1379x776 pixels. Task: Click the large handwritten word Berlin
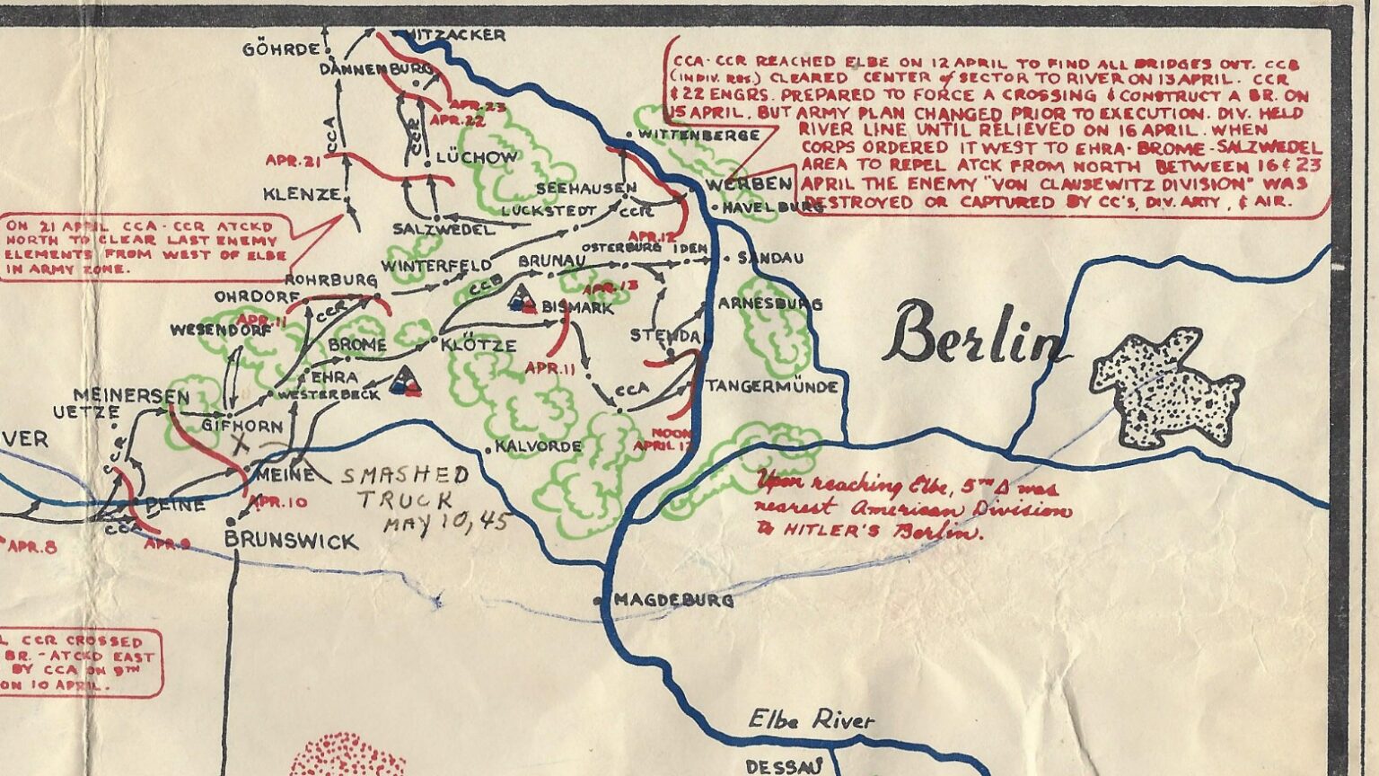tap(975, 334)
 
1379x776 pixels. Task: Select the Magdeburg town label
tap(672, 600)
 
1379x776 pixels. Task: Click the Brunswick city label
tap(290, 541)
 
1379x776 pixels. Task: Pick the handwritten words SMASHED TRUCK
tap(406, 487)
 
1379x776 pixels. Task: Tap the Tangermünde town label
tap(772, 387)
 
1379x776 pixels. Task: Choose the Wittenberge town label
tap(699, 135)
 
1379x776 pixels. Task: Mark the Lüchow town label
tap(477, 157)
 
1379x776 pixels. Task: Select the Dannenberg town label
tap(376, 68)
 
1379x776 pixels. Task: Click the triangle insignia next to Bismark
tap(519, 299)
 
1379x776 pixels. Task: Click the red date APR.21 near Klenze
tap(293, 160)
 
